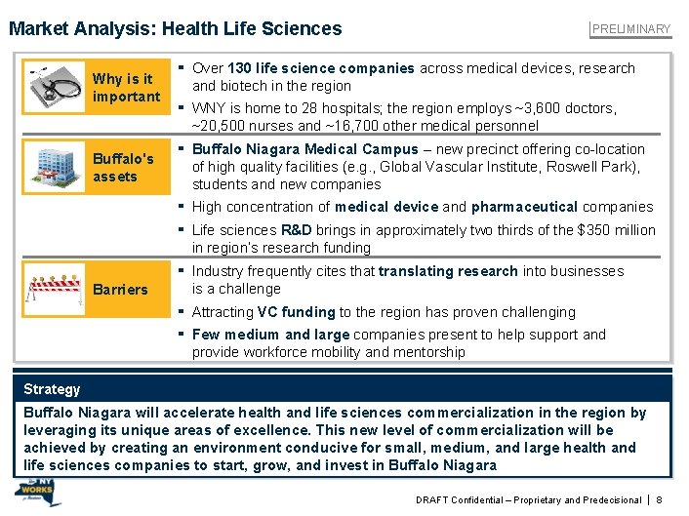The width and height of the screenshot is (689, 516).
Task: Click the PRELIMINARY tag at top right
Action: click(632, 28)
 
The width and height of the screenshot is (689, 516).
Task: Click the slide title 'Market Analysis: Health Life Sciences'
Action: click(176, 28)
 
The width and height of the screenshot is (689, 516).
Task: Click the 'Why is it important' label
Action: click(125, 88)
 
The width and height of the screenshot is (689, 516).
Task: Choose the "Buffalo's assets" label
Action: click(123, 167)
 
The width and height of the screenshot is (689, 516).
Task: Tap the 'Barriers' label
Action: click(120, 290)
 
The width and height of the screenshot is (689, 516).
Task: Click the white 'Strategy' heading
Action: click(52, 389)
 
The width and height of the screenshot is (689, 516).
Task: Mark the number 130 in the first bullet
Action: click(240, 68)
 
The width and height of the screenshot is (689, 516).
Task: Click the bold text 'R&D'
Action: click(296, 230)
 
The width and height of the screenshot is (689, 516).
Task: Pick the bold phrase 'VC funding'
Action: click(296, 312)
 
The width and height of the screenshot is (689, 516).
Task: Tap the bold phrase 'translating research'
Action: click(448, 271)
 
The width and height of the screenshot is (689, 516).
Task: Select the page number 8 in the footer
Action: click(661, 499)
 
